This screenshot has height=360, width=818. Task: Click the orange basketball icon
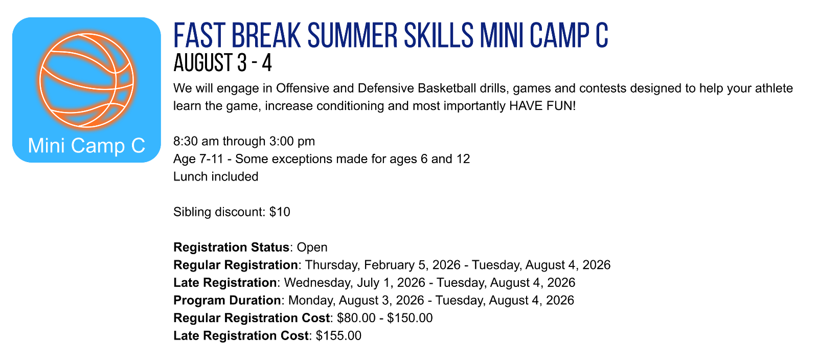(86, 81)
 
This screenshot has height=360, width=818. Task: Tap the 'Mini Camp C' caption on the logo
(86, 145)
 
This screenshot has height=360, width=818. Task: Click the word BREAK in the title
(266, 35)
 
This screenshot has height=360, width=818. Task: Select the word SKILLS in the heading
(439, 35)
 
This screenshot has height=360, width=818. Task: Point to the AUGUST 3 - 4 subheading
(222, 63)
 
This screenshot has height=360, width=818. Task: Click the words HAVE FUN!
(542, 106)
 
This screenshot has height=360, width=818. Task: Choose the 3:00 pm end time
(292, 141)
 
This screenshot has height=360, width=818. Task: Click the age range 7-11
(211, 159)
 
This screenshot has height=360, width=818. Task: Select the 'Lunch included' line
(215, 176)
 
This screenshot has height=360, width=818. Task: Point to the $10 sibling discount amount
(280, 212)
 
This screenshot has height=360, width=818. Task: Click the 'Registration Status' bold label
(231, 247)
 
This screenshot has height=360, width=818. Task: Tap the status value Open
(312, 247)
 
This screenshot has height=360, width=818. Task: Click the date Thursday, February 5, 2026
(383, 265)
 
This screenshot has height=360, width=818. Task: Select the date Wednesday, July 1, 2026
(355, 283)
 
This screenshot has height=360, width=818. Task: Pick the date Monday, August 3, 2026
(356, 300)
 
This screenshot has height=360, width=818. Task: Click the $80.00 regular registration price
(356, 318)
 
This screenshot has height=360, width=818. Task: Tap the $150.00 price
(410, 318)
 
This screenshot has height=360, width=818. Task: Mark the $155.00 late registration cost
(338, 335)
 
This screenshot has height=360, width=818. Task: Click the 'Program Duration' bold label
(227, 300)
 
